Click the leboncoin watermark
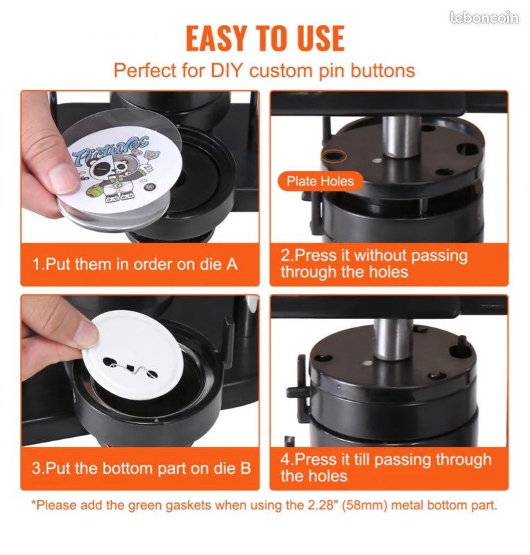point(484,18)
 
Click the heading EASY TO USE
point(265,38)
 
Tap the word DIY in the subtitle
point(226,70)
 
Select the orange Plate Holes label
point(320,181)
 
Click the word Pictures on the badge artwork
point(110,148)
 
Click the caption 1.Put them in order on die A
point(135,264)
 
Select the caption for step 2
point(374,264)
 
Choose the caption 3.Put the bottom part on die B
point(142,468)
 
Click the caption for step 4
point(386,468)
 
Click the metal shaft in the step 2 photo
point(401,136)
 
